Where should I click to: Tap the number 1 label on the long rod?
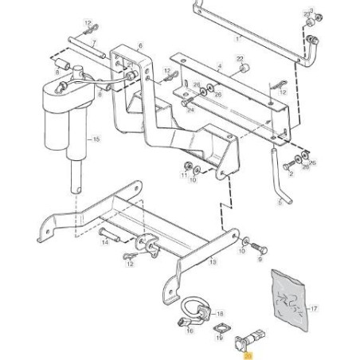point(237,37)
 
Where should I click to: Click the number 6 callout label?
point(141,47)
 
